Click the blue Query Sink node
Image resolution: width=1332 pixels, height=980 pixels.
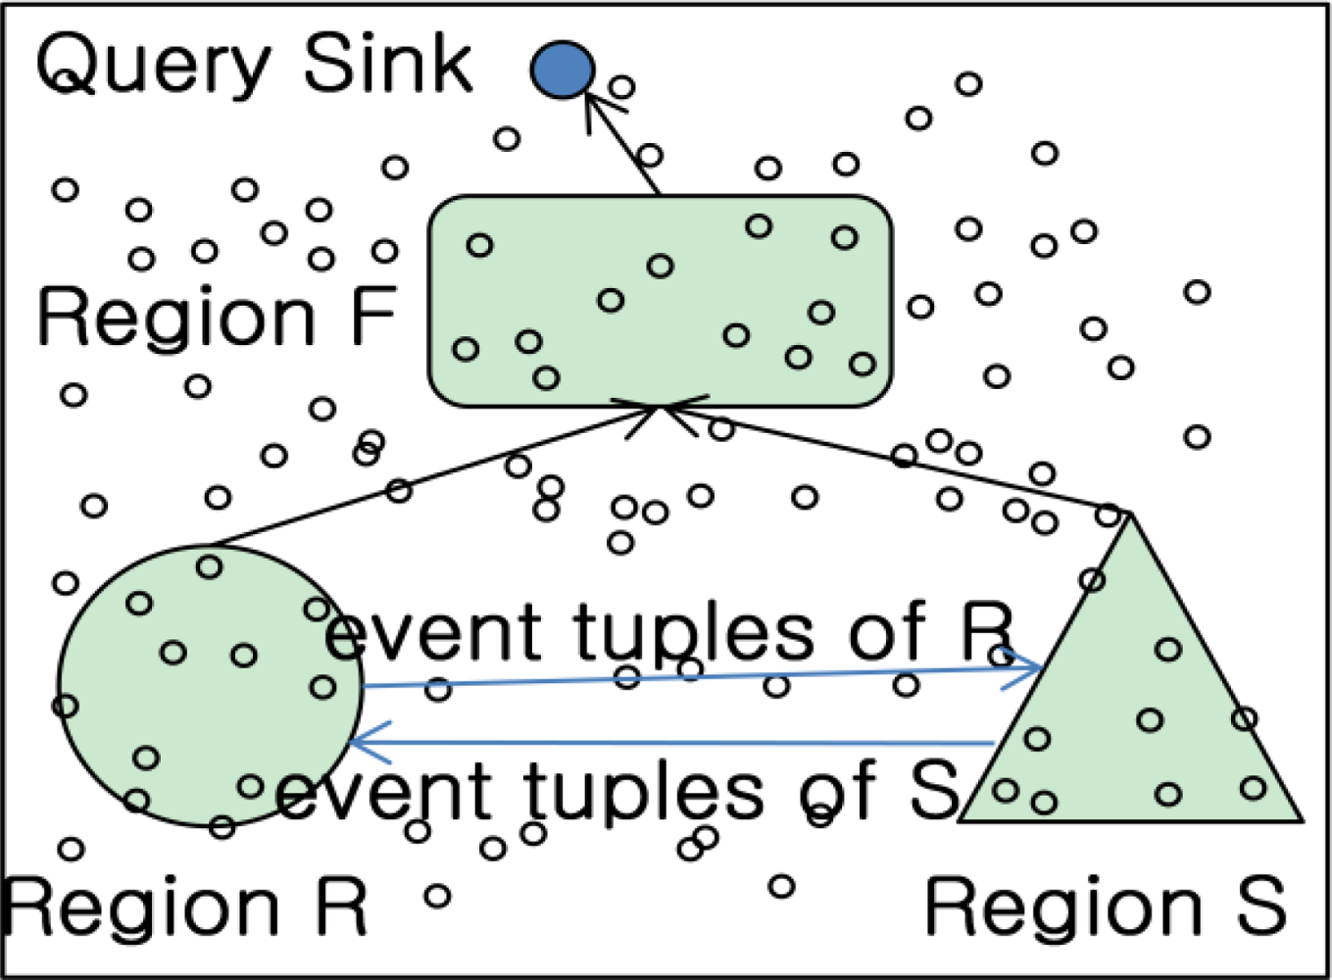[563, 70]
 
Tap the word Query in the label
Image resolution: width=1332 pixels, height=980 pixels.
[152, 65]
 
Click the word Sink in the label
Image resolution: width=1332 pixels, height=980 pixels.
[387, 65]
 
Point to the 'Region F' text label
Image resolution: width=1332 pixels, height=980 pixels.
[216, 318]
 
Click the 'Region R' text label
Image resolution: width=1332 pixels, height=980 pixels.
[184, 907]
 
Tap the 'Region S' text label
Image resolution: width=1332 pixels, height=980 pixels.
[1105, 907]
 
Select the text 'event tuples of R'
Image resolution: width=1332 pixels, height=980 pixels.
[666, 632]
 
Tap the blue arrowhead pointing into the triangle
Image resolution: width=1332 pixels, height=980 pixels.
[1029, 669]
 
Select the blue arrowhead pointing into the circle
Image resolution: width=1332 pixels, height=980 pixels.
[363, 742]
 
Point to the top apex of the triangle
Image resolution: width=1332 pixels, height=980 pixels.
[1130, 514]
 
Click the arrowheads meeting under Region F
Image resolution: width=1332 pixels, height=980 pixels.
[660, 410]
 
